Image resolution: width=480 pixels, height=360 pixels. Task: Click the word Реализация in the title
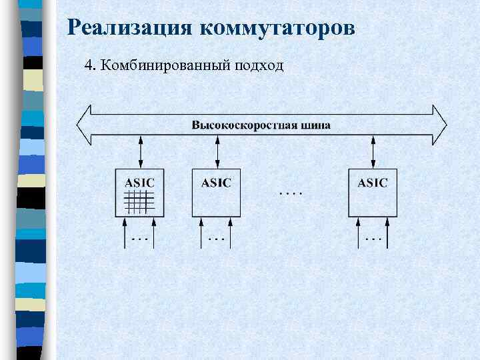pos(130,28)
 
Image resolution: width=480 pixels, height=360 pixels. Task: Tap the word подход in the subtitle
pos(257,65)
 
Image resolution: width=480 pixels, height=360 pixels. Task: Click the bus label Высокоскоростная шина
pos(261,125)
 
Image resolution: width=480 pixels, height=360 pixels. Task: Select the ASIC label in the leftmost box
pos(139,182)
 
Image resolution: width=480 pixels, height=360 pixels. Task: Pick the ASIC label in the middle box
pos(216,182)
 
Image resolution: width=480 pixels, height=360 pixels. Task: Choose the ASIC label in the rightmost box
pos(372,182)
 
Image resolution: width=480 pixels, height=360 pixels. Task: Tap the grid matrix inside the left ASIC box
pos(140,201)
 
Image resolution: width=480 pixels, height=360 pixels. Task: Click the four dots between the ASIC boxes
pos(290,193)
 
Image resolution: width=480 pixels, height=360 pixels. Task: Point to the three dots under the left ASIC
pos(140,237)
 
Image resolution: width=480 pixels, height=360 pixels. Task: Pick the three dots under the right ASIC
pos(373,237)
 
